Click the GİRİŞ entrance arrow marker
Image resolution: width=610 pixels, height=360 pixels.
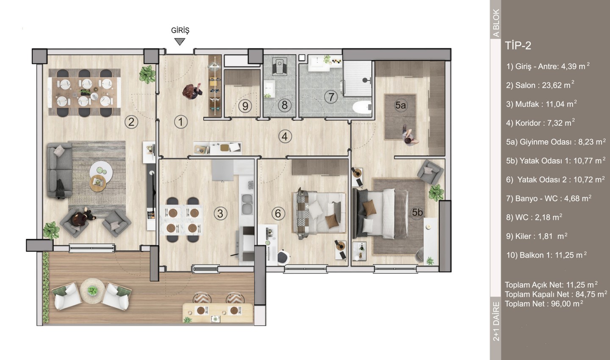tap(180, 42)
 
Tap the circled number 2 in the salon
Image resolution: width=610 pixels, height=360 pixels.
tap(131, 122)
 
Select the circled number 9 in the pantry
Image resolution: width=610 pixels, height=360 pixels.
tap(245, 106)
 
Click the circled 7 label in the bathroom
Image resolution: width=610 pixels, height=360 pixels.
tap(331, 97)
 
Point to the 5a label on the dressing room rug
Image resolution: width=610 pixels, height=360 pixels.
tap(401, 105)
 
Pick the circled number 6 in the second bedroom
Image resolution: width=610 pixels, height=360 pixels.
tap(278, 213)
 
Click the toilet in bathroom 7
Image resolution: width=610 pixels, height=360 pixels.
tap(362, 107)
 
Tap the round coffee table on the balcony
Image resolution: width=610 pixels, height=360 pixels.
tap(93, 291)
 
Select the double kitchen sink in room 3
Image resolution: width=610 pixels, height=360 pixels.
tap(247, 204)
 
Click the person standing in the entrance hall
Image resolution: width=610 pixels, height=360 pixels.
tap(192, 91)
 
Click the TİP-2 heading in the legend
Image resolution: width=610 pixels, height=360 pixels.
tap(518, 46)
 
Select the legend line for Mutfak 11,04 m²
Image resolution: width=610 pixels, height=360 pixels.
tap(541, 104)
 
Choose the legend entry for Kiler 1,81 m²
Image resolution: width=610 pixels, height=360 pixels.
tap(537, 236)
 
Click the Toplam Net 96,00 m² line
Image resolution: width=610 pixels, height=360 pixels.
tap(544, 304)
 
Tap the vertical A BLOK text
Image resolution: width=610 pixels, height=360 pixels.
tap(496, 23)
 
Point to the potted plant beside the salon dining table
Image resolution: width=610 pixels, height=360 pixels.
tap(147, 74)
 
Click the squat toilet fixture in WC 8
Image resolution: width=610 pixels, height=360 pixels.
tap(280, 66)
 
